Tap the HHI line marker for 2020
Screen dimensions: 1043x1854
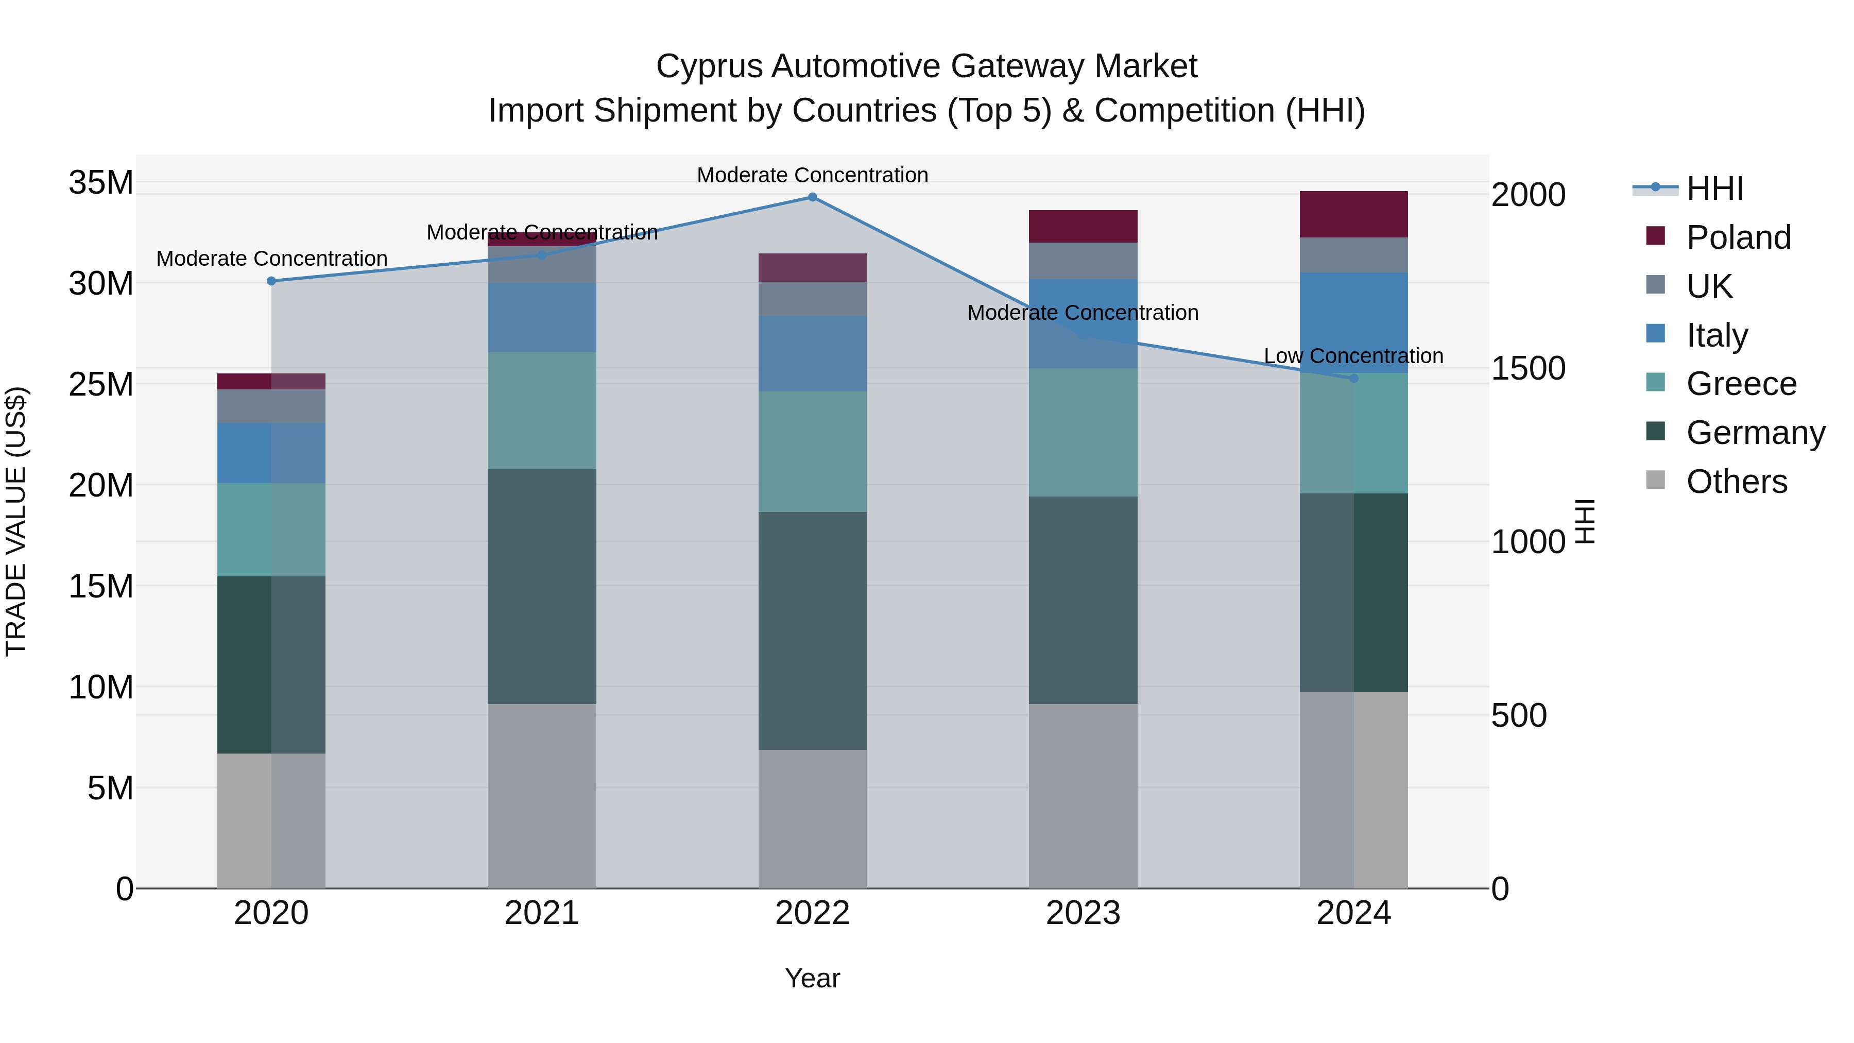[271, 281]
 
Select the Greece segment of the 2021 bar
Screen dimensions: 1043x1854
[541, 411]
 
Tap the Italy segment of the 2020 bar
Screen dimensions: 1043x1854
[271, 453]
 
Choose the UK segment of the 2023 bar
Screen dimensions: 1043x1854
[1083, 261]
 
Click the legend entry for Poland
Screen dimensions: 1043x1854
[1738, 237]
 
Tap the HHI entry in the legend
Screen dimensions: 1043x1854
[1714, 189]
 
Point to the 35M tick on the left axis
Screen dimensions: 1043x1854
[101, 183]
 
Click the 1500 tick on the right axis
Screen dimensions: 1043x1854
[1528, 369]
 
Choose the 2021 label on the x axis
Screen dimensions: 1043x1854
[541, 913]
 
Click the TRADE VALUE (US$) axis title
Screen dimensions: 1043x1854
[16, 521]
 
